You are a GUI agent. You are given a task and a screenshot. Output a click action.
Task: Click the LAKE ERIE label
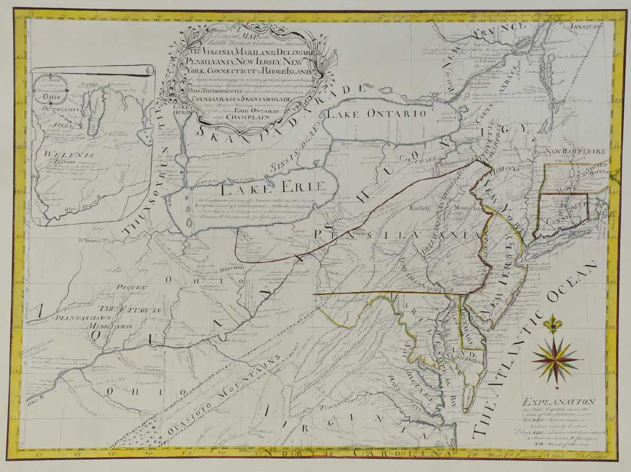(273, 187)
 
